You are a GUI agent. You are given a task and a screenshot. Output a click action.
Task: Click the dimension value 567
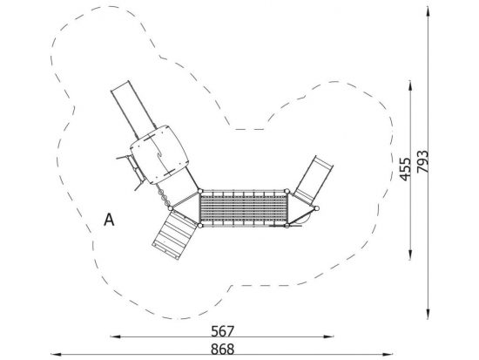pyautogui.click(x=223, y=331)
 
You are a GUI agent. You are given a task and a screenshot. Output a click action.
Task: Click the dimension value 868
pyautogui.click(x=223, y=349)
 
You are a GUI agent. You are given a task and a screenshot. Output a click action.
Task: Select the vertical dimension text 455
pyautogui.click(x=406, y=169)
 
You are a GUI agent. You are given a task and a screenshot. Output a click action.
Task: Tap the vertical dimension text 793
pyautogui.click(x=423, y=161)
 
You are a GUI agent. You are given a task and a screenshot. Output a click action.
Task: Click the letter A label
pyautogui.click(x=109, y=220)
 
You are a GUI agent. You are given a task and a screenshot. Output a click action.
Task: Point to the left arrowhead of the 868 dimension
pyautogui.click(x=56, y=355)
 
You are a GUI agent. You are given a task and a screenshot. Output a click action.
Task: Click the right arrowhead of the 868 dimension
pyautogui.click(x=388, y=355)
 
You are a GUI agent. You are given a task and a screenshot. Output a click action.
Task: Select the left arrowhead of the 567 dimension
pyautogui.click(x=116, y=336)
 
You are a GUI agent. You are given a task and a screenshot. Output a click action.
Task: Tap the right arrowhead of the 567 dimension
pyautogui.click(x=328, y=336)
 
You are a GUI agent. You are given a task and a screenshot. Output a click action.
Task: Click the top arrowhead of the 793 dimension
pyautogui.click(x=428, y=11)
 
